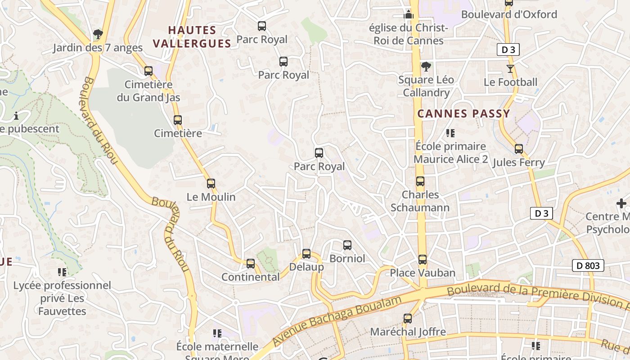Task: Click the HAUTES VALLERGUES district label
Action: (192, 36)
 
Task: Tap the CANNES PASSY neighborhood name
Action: (463, 113)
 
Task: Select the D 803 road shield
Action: (588, 265)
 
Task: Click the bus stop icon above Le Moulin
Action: (211, 184)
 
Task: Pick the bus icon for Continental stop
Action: (251, 263)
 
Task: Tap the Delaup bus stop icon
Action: (306, 254)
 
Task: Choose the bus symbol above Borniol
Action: (347, 245)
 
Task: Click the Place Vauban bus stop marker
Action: (423, 260)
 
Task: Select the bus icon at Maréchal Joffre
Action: (408, 319)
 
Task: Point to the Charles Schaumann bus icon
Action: (420, 181)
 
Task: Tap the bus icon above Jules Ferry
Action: (519, 149)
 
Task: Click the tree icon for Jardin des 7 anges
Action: (98, 34)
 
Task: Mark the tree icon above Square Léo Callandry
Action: (426, 67)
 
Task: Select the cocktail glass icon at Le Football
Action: (510, 69)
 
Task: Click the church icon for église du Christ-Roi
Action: (409, 14)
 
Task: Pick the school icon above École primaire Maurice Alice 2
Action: (450, 133)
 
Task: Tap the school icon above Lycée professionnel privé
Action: (62, 272)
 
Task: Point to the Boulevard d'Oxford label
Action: (509, 14)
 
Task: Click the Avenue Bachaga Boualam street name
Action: (337, 321)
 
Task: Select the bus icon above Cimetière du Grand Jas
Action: (148, 71)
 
